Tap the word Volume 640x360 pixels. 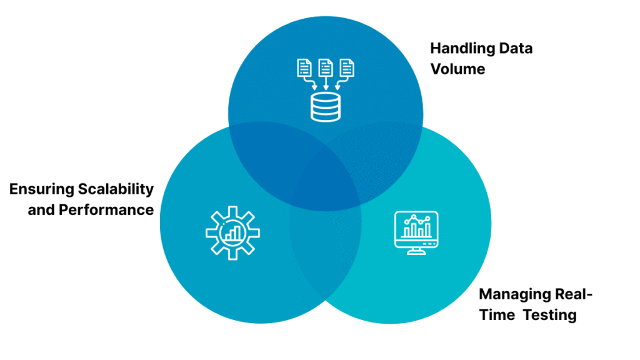tap(457, 69)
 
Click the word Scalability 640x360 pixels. tap(116, 189)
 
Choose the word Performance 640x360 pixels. tap(106, 210)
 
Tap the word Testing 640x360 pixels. tap(550, 315)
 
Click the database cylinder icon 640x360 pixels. tap(326, 107)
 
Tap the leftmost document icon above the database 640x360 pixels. tap(303, 67)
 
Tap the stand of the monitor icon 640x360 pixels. tap(416, 250)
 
